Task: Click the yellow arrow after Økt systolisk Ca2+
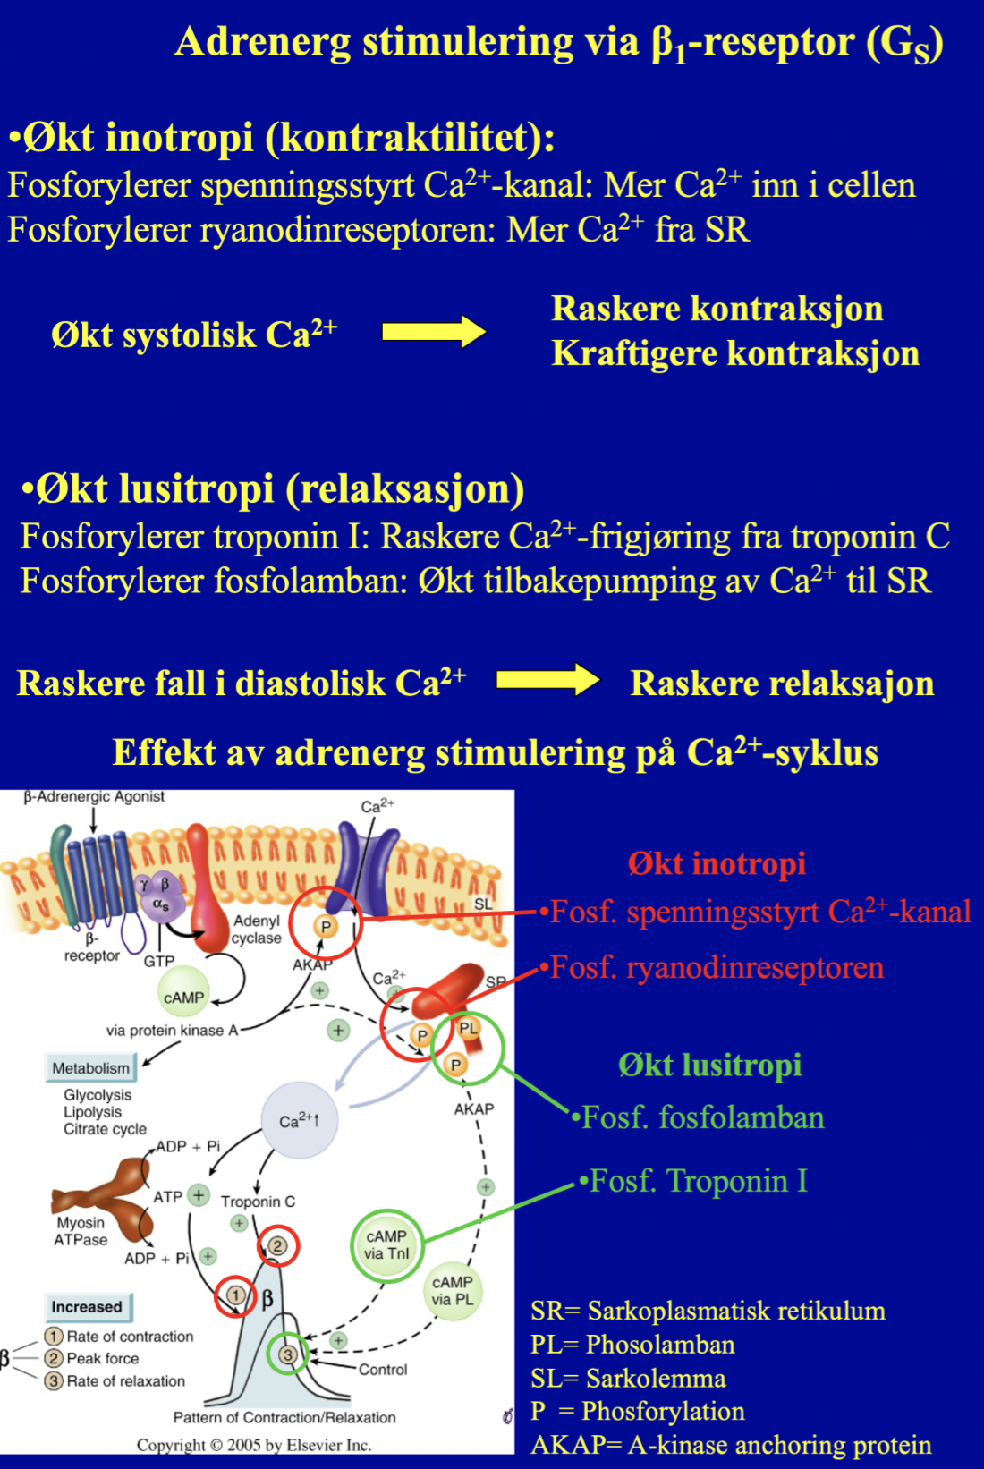pyautogui.click(x=434, y=332)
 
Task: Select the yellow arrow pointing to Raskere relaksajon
pyautogui.click(x=547, y=680)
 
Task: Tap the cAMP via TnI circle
pyautogui.click(x=386, y=1244)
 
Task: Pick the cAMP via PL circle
pyautogui.click(x=452, y=1290)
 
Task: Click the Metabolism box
pyautogui.click(x=90, y=1067)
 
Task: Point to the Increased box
pyautogui.click(x=87, y=1306)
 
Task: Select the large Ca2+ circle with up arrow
pyautogui.click(x=300, y=1120)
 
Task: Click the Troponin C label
pyautogui.click(x=258, y=1202)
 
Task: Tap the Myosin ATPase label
pyautogui.click(x=81, y=1231)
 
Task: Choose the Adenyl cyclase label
pyautogui.click(x=256, y=930)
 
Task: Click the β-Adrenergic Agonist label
pyautogui.click(x=94, y=796)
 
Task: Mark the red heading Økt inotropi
pyautogui.click(x=717, y=863)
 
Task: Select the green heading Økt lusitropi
pyautogui.click(x=709, y=1065)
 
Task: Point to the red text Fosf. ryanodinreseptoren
pyautogui.click(x=716, y=967)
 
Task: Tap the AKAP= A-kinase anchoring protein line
pyautogui.click(x=730, y=1445)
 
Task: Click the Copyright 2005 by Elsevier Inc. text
pyautogui.click(x=253, y=1445)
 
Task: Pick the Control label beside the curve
pyautogui.click(x=383, y=1370)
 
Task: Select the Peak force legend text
pyautogui.click(x=103, y=1358)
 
